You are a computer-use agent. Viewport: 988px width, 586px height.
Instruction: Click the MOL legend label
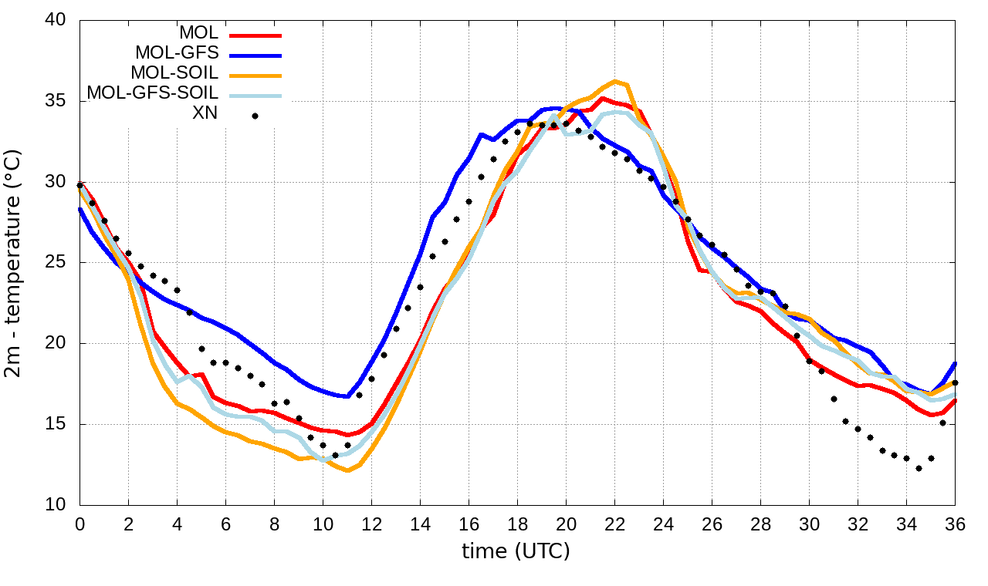(198, 33)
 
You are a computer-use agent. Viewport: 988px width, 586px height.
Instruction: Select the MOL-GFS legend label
(177, 53)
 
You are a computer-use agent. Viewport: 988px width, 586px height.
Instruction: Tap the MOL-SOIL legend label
(174, 73)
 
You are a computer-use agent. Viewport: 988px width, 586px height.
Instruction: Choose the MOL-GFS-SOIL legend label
(152, 93)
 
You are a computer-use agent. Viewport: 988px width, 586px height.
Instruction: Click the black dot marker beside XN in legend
(255, 116)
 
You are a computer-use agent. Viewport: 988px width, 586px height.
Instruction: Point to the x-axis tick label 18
(517, 524)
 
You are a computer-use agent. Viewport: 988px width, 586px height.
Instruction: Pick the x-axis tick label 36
(955, 524)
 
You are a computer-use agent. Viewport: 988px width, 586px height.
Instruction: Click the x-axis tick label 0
(80, 524)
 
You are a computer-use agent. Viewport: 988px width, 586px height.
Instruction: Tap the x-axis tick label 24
(663, 524)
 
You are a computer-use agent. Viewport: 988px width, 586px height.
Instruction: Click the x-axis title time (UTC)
(516, 551)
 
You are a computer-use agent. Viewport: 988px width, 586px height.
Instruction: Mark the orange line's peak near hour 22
(614, 81)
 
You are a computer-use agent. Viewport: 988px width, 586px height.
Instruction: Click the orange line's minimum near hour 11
(347, 470)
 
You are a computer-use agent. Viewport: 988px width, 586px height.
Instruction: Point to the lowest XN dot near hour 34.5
(919, 468)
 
